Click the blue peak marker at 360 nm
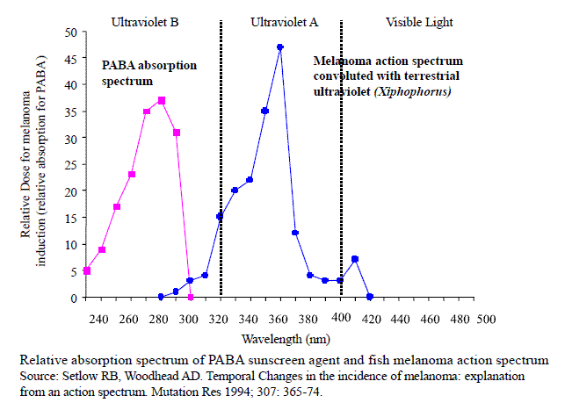coord(279,47)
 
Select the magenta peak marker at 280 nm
coord(162,100)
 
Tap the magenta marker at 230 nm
coord(87,270)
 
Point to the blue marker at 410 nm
coord(355,259)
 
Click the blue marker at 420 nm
coord(370,297)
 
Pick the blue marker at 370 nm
coord(295,233)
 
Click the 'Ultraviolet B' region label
coord(146,19)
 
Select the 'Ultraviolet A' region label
coord(284,19)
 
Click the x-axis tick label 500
coord(486,316)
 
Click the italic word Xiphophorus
coord(419,90)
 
